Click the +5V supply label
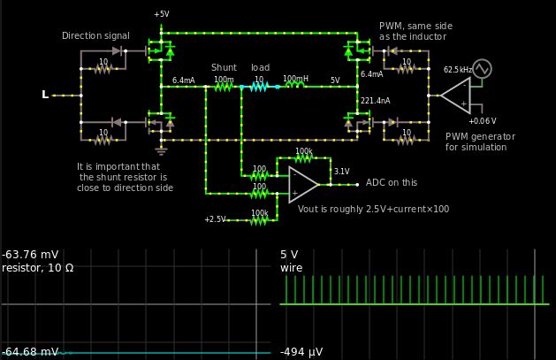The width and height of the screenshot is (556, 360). (161, 15)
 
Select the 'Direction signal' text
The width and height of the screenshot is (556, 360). (95, 36)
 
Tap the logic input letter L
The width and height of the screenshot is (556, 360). (45, 95)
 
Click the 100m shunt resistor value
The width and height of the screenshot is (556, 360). (224, 80)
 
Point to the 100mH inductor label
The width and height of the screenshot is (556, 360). (295, 80)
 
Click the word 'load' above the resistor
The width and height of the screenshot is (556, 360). (260, 67)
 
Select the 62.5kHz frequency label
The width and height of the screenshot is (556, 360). (458, 69)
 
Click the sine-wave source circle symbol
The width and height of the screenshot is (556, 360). (482, 68)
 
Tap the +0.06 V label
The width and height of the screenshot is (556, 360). (482, 121)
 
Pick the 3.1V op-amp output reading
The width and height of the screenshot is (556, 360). (342, 172)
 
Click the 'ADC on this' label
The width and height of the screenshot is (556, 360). (391, 183)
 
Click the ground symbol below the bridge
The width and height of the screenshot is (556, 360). (161, 149)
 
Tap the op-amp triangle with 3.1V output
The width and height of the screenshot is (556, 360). (302, 185)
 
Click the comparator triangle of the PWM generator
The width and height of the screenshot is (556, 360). (456, 95)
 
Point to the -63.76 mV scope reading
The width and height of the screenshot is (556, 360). (30, 254)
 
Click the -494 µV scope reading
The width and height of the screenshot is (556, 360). (301, 352)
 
